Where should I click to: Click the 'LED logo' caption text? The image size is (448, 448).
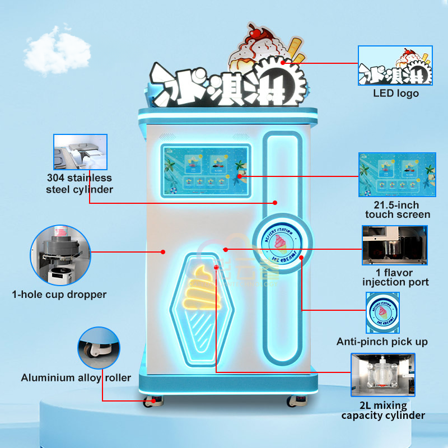[x=396, y=94]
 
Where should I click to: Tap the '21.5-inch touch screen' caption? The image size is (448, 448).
[x=398, y=209]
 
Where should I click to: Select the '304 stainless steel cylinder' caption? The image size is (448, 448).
[x=80, y=183]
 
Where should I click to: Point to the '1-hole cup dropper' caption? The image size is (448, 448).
[x=59, y=294]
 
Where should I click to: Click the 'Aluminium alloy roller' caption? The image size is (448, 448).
[x=76, y=377]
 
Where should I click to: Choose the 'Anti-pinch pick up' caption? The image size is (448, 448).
[x=382, y=342]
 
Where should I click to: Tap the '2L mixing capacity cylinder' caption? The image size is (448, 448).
[x=383, y=410]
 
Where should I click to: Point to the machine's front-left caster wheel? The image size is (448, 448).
[x=151, y=401]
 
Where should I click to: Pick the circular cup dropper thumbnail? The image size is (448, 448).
[x=60, y=255]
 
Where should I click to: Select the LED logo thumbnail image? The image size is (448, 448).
[x=396, y=65]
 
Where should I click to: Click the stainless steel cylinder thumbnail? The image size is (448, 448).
[x=80, y=151]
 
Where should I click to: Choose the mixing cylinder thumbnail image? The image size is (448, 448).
[x=383, y=374]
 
